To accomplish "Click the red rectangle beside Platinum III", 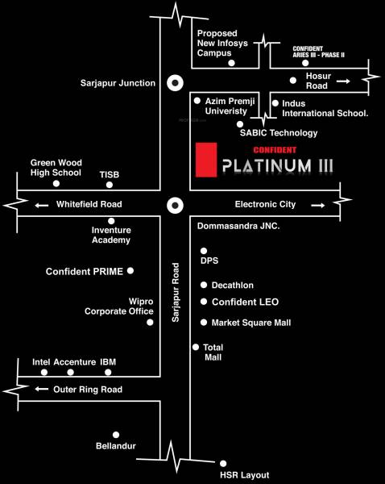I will coord(207,159).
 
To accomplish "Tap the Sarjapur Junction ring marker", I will coord(173,83).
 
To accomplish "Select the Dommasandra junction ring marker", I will coord(173,205).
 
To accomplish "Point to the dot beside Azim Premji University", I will coord(197,101).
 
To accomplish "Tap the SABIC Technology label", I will coord(279,132).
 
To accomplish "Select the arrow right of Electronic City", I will coord(317,205).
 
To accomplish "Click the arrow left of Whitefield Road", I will coord(41,205).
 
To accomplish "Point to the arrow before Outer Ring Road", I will coord(41,389).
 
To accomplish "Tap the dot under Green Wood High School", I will coord(56,184).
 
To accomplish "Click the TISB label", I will coord(110,173).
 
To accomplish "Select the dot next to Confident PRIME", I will coord(130,271).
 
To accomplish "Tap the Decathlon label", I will coord(233,286).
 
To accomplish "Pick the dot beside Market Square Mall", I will coord(203,323).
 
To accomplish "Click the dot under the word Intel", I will coord(44,373).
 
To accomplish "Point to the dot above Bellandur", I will coord(116,434).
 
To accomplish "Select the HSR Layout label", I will coord(245,475).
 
